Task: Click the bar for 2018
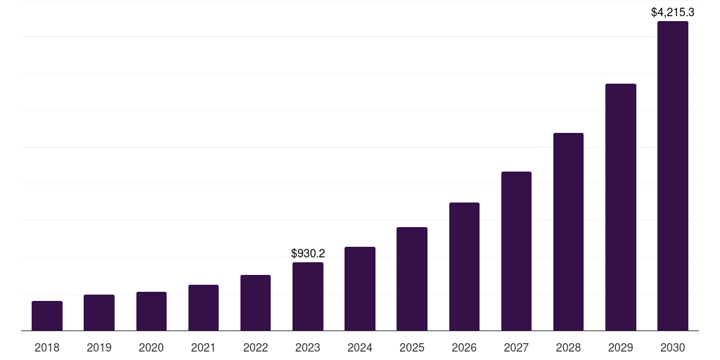pyautogui.click(x=47, y=316)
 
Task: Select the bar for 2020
pyautogui.click(x=151, y=311)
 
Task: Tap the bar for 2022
pyautogui.click(x=255, y=302)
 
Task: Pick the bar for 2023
pyautogui.click(x=308, y=296)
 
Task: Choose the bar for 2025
pyautogui.click(x=412, y=278)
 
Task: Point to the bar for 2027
pyautogui.click(x=516, y=251)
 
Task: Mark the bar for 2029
pyautogui.click(x=620, y=207)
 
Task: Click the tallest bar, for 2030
pyautogui.click(x=673, y=176)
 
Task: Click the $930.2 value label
pyautogui.click(x=308, y=253)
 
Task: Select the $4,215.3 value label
pyautogui.click(x=673, y=12)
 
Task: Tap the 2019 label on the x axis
pyautogui.click(x=99, y=347)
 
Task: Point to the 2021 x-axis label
pyautogui.click(x=203, y=347)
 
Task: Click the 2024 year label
pyautogui.click(x=360, y=347)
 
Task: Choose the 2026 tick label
pyautogui.click(x=464, y=347)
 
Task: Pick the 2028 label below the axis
pyautogui.click(x=568, y=347)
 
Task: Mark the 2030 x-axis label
pyautogui.click(x=673, y=347)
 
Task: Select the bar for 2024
pyautogui.click(x=360, y=288)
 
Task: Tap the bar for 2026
pyautogui.click(x=464, y=266)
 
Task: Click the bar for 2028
pyautogui.click(x=568, y=231)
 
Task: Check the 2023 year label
pyautogui.click(x=308, y=347)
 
